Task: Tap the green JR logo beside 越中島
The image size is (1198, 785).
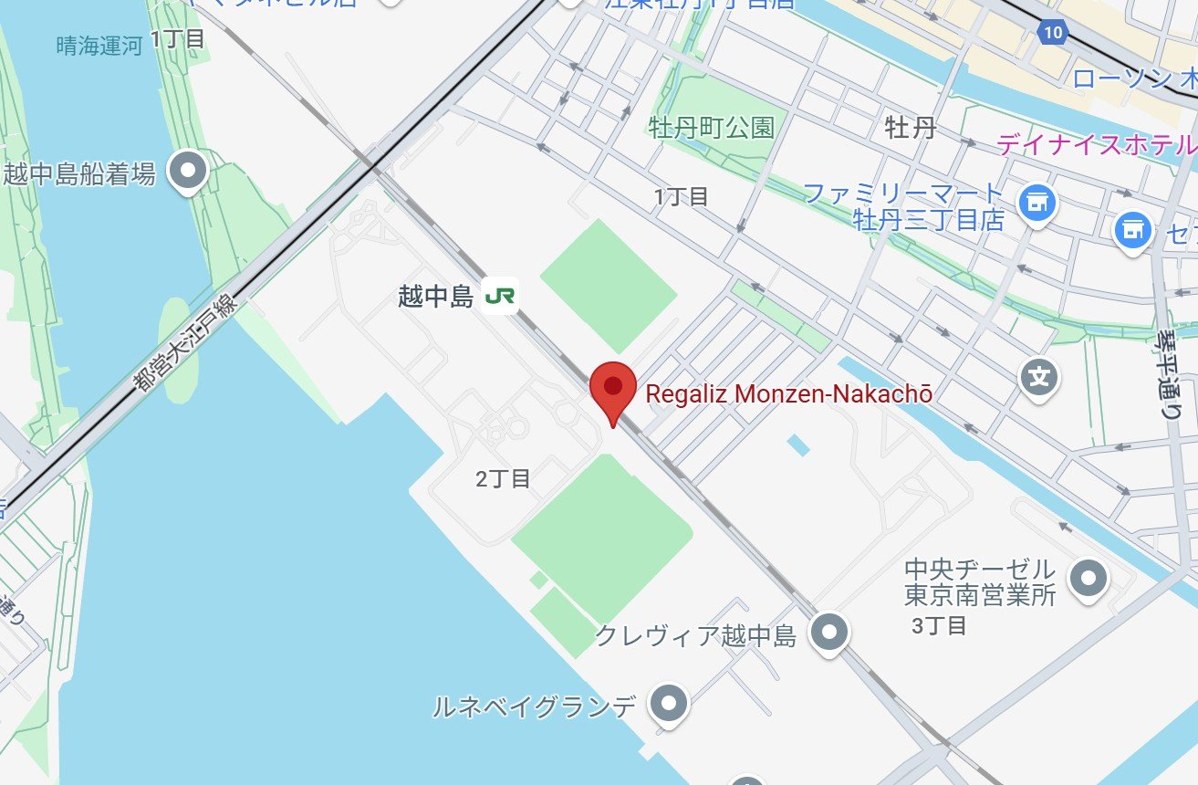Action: point(499,296)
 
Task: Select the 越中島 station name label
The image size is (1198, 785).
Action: point(435,296)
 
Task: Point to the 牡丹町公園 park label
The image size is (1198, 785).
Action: point(711,127)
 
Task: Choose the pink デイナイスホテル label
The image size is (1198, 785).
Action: point(1095,144)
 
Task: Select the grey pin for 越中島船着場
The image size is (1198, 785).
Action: point(190,170)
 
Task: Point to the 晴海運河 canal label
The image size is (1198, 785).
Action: point(99,47)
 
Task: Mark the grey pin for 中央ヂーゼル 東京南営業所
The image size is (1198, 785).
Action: point(1088,579)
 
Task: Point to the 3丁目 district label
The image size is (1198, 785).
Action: point(939,625)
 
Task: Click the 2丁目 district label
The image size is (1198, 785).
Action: point(503,478)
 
